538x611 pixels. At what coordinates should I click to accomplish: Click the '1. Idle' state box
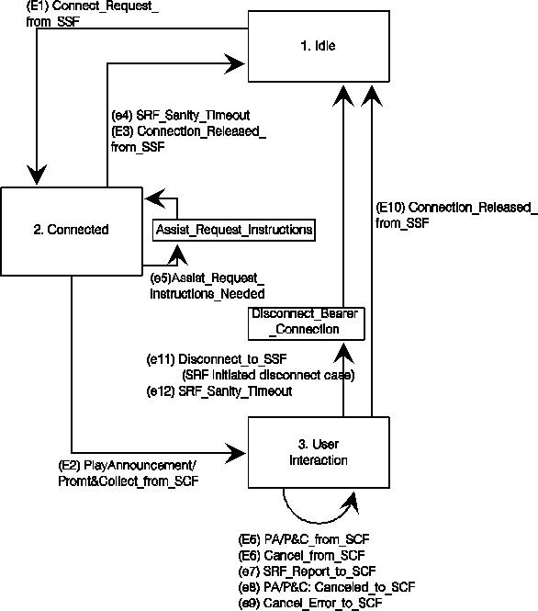pyautogui.click(x=319, y=46)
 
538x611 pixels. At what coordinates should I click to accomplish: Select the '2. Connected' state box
pyautogui.click(x=72, y=232)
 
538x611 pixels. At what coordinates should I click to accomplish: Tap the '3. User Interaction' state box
pyautogui.click(x=319, y=452)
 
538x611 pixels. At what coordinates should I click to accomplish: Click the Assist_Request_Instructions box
pyautogui.click(x=233, y=230)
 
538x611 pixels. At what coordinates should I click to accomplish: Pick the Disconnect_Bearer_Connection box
pyautogui.click(x=307, y=323)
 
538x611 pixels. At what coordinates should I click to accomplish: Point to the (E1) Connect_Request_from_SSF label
pyautogui.click(x=92, y=14)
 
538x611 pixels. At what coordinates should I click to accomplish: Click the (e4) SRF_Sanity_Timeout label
pyautogui.click(x=181, y=116)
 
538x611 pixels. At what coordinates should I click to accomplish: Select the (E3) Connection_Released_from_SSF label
pyautogui.click(x=188, y=139)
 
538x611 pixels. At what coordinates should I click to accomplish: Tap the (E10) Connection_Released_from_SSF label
pyautogui.click(x=456, y=215)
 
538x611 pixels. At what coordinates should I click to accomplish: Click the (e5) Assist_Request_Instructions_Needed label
pyautogui.click(x=207, y=286)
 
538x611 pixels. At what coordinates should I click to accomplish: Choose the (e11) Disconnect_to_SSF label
pyautogui.click(x=217, y=359)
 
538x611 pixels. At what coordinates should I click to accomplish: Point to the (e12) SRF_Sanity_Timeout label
pyautogui.click(x=219, y=390)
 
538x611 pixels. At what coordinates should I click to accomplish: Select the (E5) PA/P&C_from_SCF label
pyautogui.click(x=304, y=539)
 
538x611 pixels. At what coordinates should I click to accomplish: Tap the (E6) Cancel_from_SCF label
pyautogui.click(x=301, y=555)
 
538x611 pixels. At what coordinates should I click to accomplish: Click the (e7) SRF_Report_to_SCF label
pyautogui.click(x=307, y=571)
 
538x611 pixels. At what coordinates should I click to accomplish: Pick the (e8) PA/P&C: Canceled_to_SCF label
pyautogui.click(x=327, y=587)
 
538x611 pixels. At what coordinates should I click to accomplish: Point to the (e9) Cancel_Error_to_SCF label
pyautogui.click(x=310, y=603)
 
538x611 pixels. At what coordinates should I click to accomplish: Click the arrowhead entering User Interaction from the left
pyautogui.click(x=236, y=453)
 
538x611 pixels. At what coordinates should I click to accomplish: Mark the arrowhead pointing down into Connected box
pyautogui.click(x=37, y=175)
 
